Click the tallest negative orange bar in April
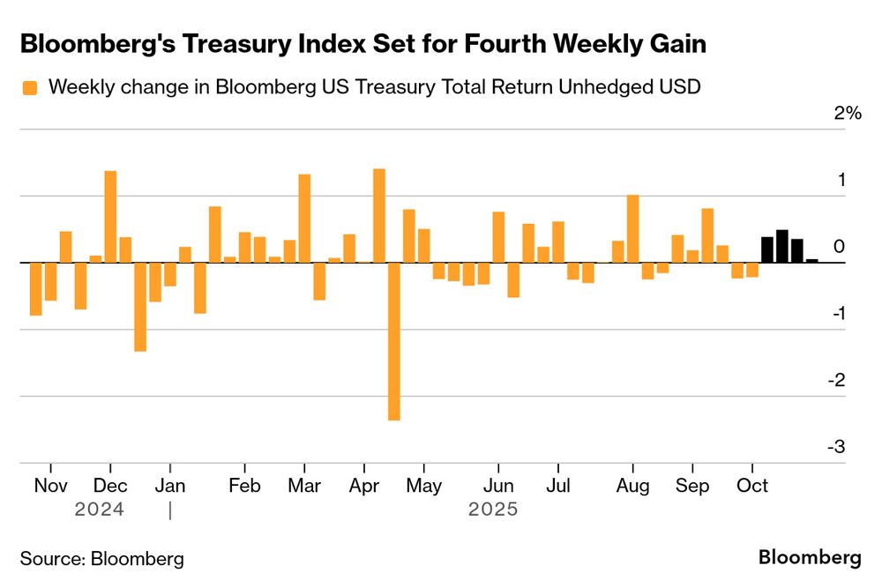[393, 341]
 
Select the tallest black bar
[781, 246]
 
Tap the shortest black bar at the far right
[811, 261]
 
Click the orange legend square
[30, 87]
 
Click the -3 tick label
[835, 447]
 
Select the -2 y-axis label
[835, 380]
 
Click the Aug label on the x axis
[632, 486]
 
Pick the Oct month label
[751, 486]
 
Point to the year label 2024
[99, 510]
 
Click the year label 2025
[493, 510]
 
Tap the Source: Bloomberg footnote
[102, 558]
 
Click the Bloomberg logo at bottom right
[810, 557]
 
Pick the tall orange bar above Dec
[110, 216]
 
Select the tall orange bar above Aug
[632, 228]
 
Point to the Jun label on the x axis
[498, 486]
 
